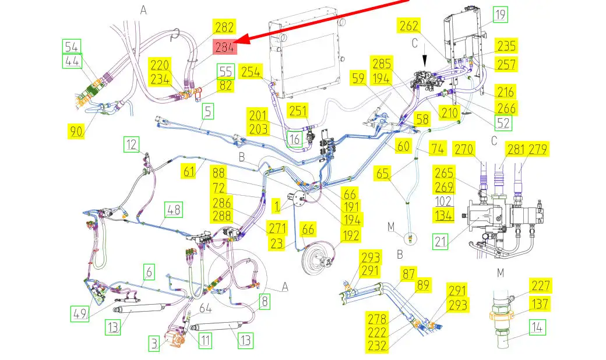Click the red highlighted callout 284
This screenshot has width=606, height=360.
[226, 47]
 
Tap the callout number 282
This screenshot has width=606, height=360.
[224, 27]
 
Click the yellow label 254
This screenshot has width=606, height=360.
[251, 71]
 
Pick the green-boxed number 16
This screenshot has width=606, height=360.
[295, 139]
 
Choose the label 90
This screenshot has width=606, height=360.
[76, 131]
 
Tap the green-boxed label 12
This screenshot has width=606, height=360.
[132, 144]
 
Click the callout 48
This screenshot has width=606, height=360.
[174, 210]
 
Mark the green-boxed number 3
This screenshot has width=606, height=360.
[154, 343]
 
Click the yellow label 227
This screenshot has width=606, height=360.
[541, 285]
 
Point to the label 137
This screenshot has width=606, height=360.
[541, 303]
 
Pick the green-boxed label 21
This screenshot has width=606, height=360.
[441, 241]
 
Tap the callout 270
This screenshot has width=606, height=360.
[464, 149]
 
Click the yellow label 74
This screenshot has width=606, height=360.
[438, 148]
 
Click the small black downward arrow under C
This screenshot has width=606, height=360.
[425, 62]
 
